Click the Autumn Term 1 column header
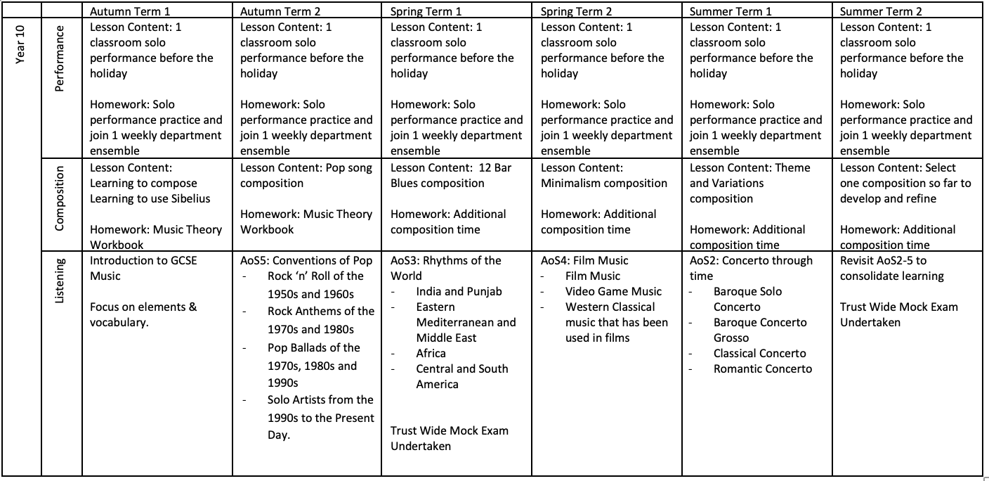pos(130,11)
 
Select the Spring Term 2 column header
pos(576,11)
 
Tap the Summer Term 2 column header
pos(881,11)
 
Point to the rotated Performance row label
pos(60,58)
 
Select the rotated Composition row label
pos(60,198)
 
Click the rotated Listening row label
pos(60,281)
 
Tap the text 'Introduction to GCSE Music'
pos(143,268)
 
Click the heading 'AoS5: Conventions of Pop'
pos(306,260)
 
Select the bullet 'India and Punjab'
pos(459,291)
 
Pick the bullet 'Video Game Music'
pos(613,291)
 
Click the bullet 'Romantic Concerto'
pos(762,368)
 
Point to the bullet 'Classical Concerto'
pos(759,353)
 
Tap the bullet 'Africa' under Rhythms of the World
pos(431,353)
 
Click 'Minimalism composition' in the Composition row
pos(604,183)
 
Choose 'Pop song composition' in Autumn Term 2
pos(306,175)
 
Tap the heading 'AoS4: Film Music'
pos(584,260)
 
